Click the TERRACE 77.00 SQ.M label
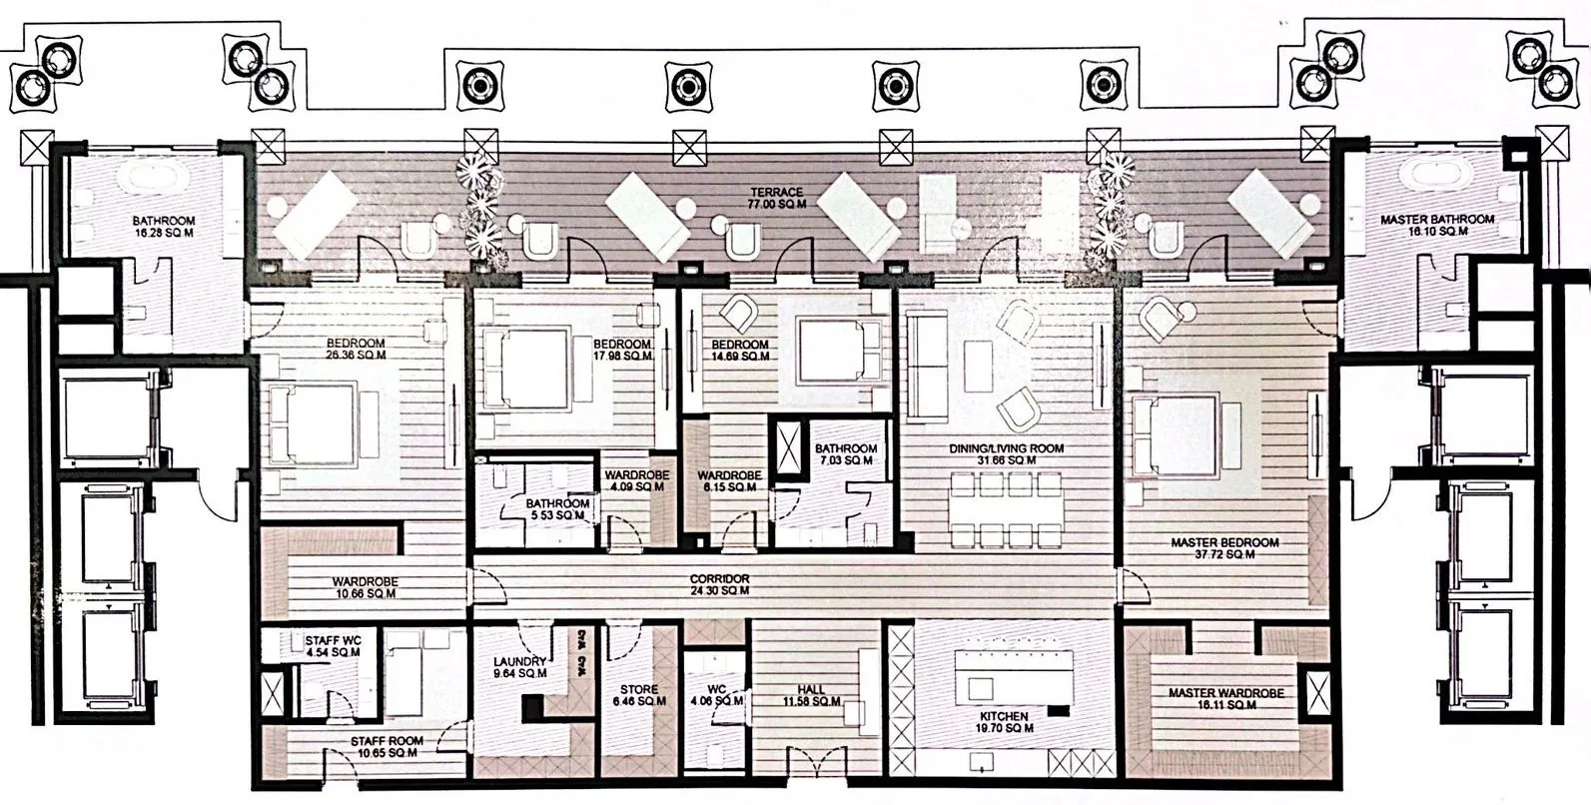[777, 198]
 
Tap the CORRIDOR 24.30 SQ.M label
[719, 585]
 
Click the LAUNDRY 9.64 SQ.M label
[519, 667]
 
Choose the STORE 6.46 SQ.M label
[639, 695]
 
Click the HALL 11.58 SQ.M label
[811, 695]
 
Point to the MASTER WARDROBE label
[1226, 698]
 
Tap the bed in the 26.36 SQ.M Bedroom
[319, 425]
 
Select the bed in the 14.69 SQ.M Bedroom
[839, 350]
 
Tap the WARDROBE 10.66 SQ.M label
[365, 587]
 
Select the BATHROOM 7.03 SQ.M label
[845, 454]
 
